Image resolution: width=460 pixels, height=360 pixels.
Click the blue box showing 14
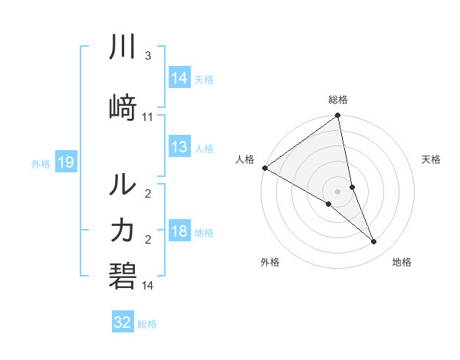tap(179, 78)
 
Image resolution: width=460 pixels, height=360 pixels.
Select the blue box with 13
tap(179, 148)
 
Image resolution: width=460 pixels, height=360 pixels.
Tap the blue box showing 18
tap(179, 232)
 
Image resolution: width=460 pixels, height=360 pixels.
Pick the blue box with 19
tap(65, 162)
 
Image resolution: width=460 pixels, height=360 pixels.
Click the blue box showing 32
tap(123, 322)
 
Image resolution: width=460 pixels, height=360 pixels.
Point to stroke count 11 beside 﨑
tap(148, 116)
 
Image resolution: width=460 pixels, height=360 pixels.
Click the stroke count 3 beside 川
tap(148, 56)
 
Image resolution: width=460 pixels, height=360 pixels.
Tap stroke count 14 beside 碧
tap(148, 286)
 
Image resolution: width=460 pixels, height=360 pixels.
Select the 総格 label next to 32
tap(147, 324)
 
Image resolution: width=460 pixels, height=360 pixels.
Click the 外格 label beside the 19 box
tap(41, 163)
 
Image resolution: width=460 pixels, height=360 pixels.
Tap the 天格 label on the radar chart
tap(431, 159)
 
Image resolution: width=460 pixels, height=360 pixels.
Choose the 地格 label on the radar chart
tap(402, 262)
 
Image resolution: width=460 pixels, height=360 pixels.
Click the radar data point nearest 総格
tap(338, 116)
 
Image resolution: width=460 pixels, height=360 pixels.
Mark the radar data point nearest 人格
tap(264, 168)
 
